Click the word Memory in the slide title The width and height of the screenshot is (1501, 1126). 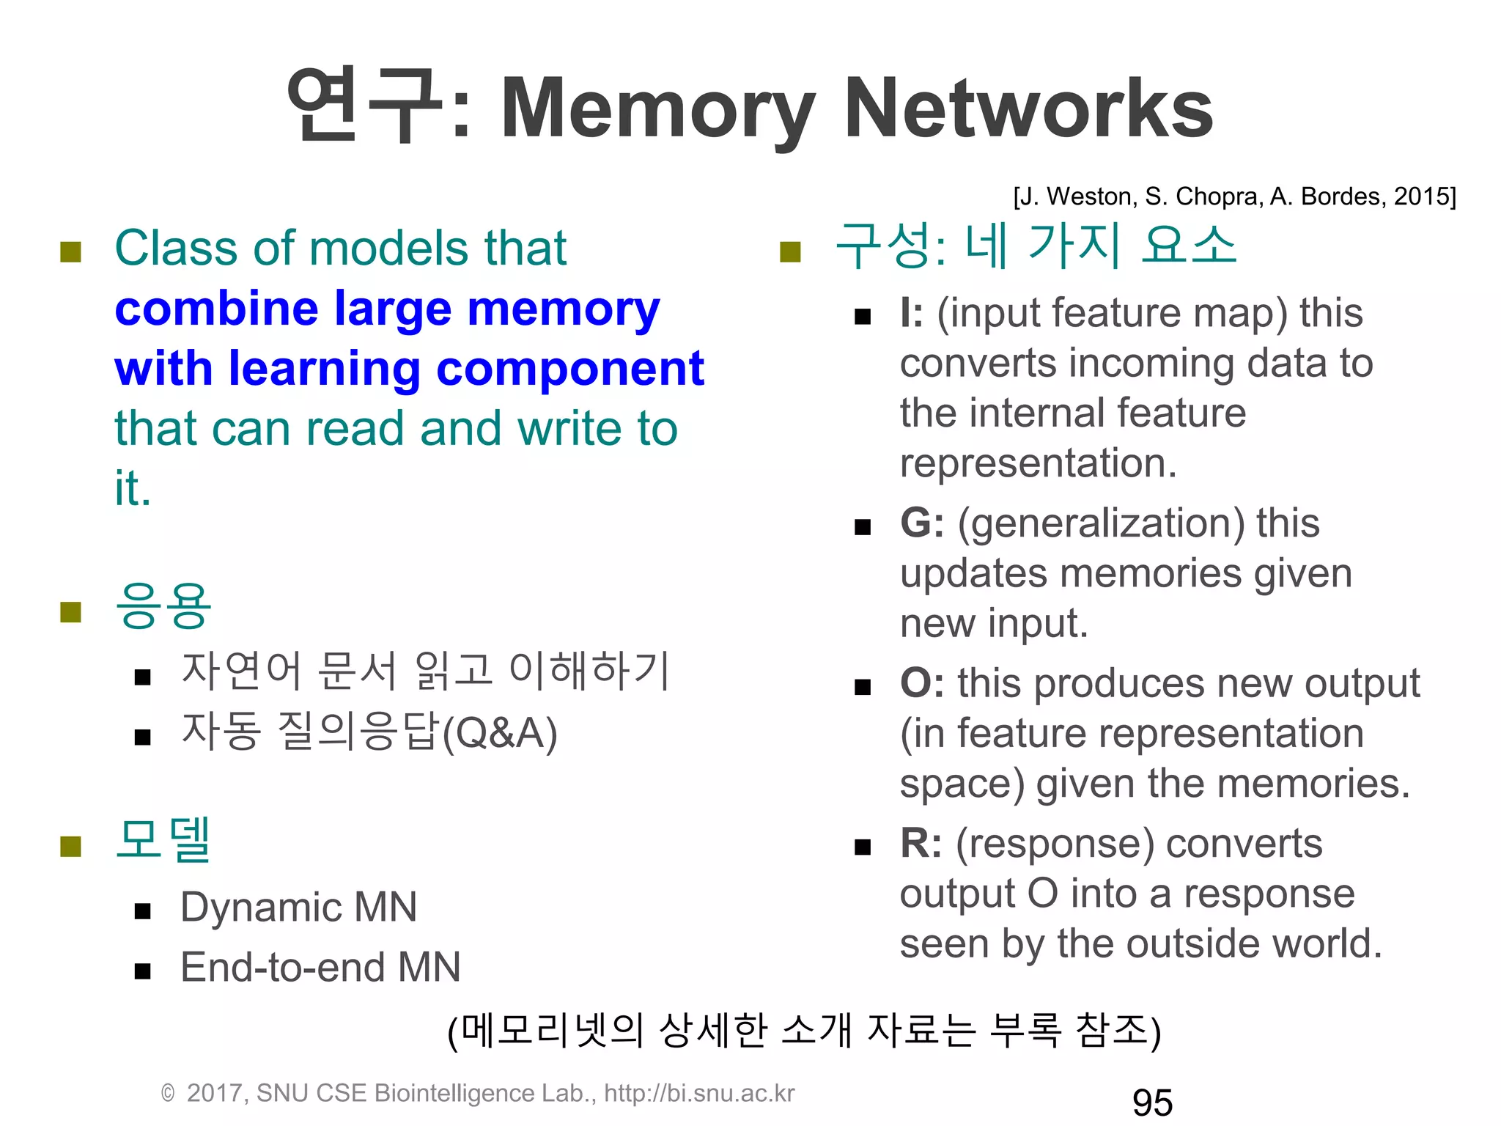pos(657,110)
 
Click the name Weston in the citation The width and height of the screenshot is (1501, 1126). pos(1092,196)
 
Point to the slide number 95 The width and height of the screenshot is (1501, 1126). pos(1152,1103)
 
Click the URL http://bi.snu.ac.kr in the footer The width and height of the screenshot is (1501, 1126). pos(699,1093)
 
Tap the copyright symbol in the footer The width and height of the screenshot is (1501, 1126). pos(168,1094)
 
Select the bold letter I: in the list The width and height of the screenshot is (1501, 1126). pos(912,313)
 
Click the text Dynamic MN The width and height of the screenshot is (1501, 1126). pos(299,908)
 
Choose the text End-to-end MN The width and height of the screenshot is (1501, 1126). pos(320,967)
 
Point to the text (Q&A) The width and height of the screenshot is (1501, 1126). pos(500,733)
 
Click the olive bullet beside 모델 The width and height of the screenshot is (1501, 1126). pos(70,846)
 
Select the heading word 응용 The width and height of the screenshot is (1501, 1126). pos(163,607)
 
